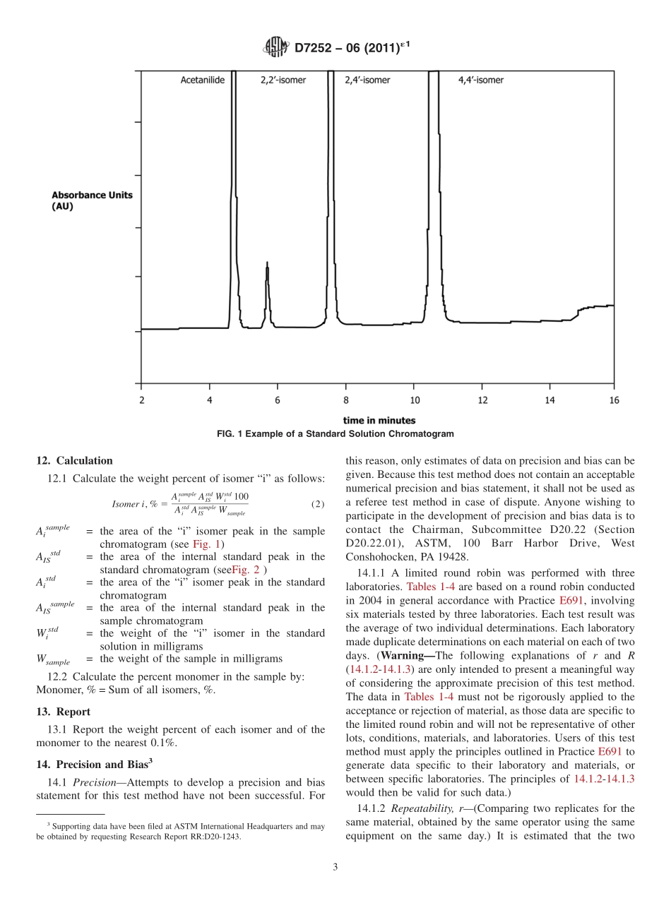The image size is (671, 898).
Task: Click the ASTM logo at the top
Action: [x=275, y=48]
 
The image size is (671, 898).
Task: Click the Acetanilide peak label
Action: [x=203, y=80]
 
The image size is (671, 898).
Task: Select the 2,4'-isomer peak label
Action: [x=367, y=80]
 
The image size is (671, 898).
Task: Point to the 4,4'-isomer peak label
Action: [x=481, y=80]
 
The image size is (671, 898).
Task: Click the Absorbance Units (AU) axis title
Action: [x=92, y=201]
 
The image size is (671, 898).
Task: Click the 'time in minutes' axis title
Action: [x=379, y=421]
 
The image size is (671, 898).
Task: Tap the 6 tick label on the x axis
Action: [x=278, y=400]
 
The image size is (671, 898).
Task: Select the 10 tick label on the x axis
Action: [x=414, y=400]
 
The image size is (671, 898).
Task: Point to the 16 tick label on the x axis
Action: [x=613, y=400]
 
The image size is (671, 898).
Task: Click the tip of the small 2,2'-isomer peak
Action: [x=266, y=263]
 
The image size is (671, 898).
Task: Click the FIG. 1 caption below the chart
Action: [x=335, y=433]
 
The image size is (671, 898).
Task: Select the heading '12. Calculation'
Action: [x=74, y=461]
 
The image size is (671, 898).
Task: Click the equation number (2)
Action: [x=318, y=504]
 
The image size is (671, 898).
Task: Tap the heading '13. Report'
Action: [x=63, y=712]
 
